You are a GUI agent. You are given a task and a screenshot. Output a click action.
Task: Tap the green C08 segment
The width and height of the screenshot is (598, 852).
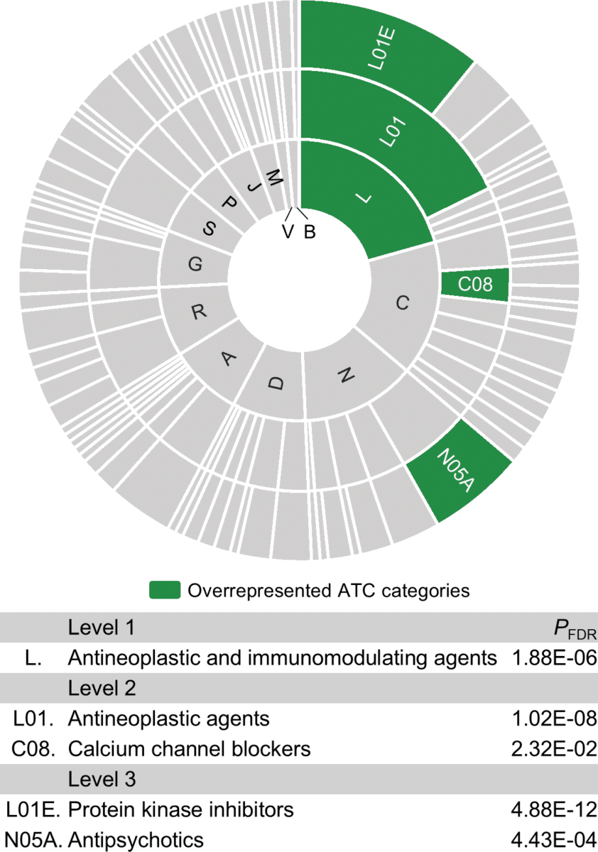(475, 285)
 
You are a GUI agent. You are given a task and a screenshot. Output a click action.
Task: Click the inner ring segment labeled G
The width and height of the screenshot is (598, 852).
(194, 263)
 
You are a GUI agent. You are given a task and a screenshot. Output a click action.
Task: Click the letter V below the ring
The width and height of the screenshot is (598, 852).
(288, 231)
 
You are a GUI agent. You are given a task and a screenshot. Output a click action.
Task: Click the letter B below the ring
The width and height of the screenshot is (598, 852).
(310, 231)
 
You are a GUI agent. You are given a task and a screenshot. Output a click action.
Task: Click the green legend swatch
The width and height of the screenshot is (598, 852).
(164, 590)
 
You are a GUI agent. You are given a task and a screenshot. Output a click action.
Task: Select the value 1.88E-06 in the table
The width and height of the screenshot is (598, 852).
(554, 657)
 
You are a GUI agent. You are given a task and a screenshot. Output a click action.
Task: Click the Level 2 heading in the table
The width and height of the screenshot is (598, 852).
(102, 688)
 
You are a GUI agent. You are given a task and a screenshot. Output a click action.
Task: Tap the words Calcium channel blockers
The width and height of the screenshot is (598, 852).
(189, 749)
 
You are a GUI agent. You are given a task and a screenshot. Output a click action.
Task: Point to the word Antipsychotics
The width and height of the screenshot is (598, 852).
(136, 840)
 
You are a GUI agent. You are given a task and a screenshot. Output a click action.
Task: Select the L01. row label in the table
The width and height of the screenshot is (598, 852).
(33, 719)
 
